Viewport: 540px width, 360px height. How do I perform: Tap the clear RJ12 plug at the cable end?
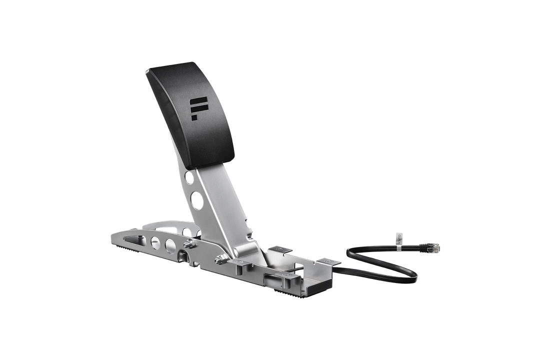point(434,246)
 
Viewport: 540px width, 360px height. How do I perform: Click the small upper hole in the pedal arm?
point(189,177)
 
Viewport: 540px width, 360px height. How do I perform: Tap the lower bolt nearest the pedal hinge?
point(219,259)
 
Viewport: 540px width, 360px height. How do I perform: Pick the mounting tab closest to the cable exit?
point(328,262)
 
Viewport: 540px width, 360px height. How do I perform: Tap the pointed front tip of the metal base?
point(111,232)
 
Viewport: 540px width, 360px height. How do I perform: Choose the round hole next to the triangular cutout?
point(154,242)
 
